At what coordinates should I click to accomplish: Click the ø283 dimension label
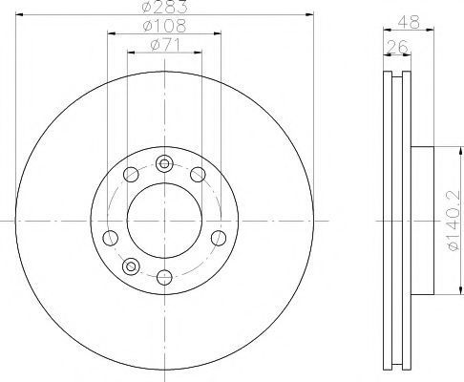[164, 7]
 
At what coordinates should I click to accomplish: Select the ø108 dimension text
[164, 26]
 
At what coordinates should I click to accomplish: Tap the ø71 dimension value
[165, 46]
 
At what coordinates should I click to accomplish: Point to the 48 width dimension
[409, 22]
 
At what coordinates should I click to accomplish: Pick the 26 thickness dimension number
[397, 47]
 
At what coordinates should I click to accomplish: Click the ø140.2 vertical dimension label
[453, 221]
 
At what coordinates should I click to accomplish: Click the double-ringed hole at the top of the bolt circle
[164, 163]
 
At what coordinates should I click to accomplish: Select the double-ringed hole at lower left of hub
[131, 265]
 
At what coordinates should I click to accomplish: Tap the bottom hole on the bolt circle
[164, 277]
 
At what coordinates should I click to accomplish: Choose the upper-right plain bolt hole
[198, 174]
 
